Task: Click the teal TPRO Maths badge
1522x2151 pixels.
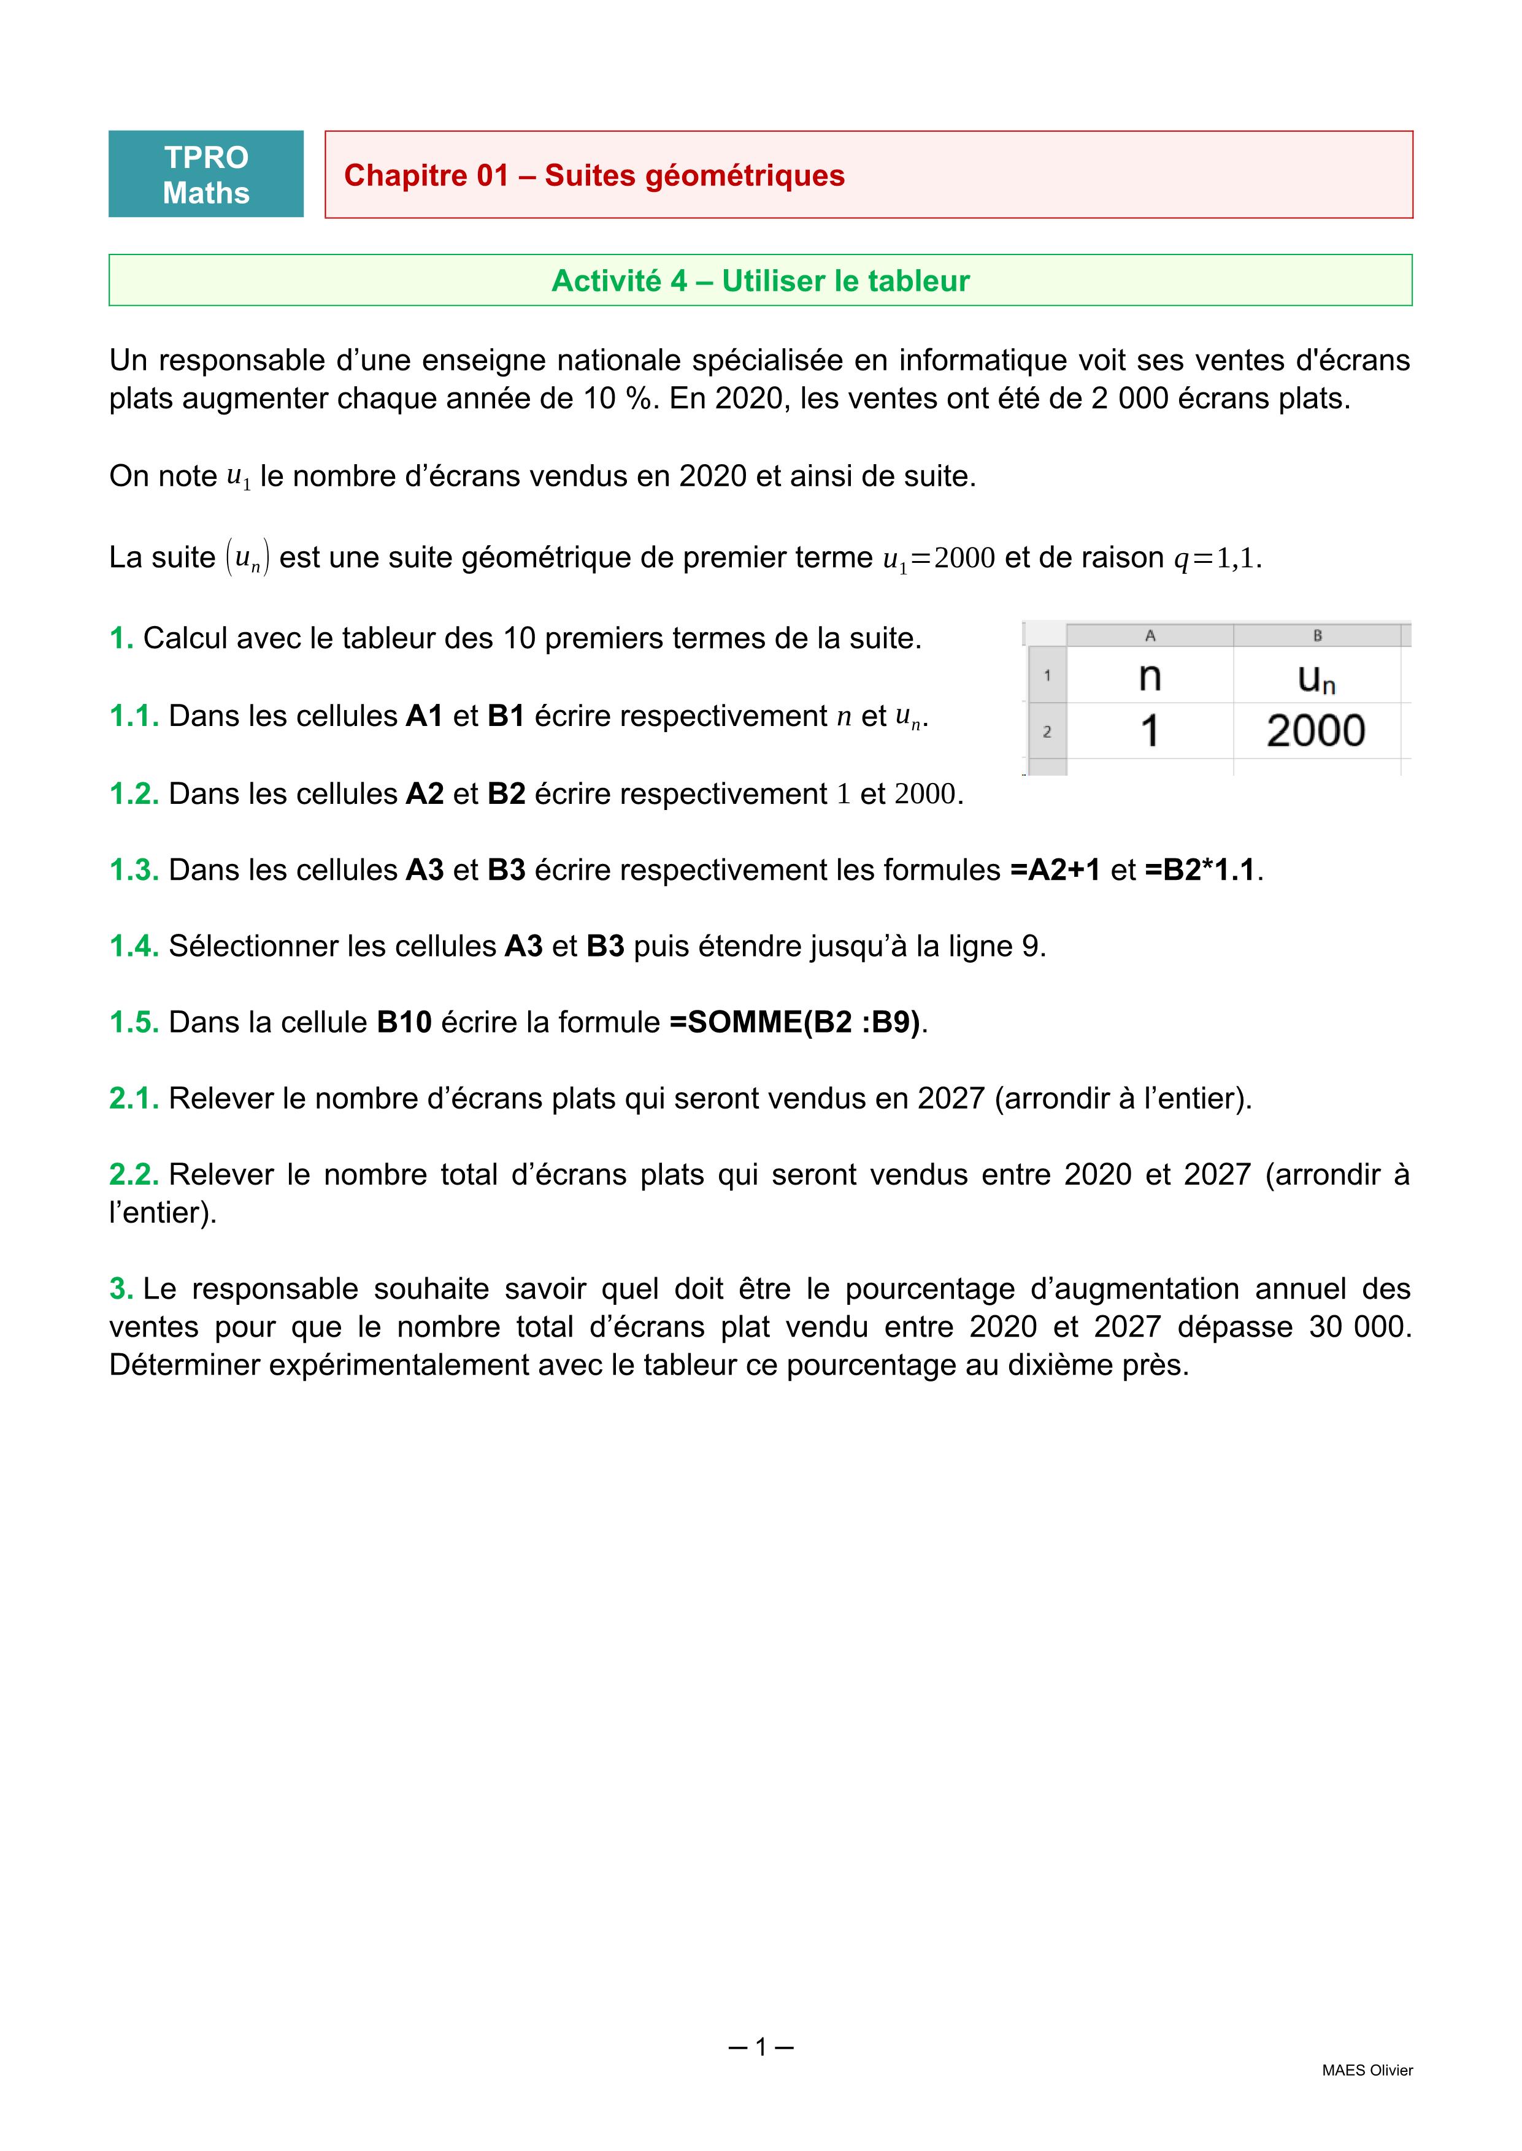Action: click(206, 174)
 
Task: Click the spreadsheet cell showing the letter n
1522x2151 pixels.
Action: click(1150, 676)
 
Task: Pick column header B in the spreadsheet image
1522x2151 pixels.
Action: click(1316, 635)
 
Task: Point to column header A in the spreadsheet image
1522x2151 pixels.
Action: click(1150, 635)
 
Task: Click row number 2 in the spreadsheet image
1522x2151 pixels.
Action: click(1047, 732)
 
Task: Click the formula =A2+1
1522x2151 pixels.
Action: click(1055, 870)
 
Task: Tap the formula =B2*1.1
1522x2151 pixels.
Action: click(1199, 870)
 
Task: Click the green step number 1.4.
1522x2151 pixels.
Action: click(134, 946)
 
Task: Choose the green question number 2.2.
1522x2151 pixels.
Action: click(134, 1174)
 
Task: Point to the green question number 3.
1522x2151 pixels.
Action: click(121, 1288)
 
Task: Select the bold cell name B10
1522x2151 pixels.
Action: click(404, 1022)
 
